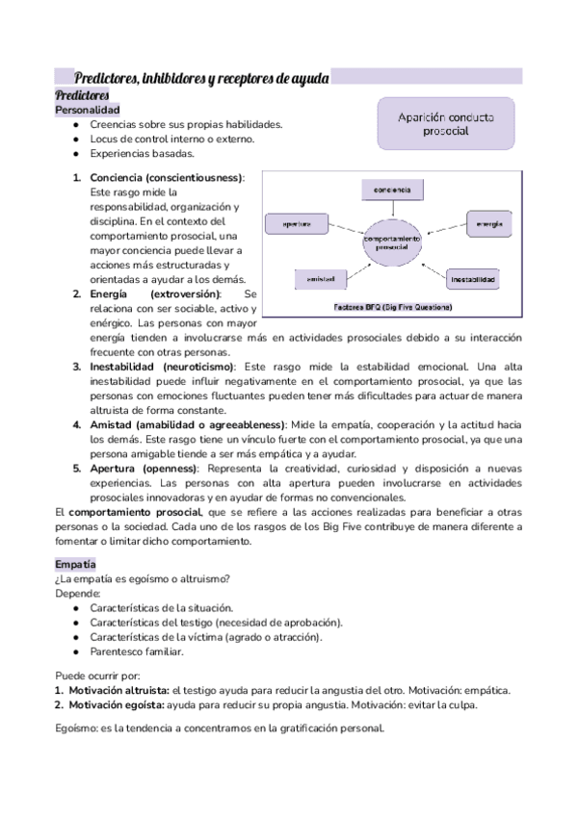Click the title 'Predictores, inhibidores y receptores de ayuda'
click(202, 78)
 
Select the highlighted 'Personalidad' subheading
click(88, 111)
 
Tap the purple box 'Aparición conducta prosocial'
click(445, 123)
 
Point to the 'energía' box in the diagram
click(489, 223)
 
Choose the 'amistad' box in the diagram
click(320, 279)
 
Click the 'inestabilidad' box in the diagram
click(473, 280)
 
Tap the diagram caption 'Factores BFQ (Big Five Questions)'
click(392, 307)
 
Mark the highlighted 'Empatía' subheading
click(76, 563)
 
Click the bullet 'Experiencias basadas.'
click(142, 153)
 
